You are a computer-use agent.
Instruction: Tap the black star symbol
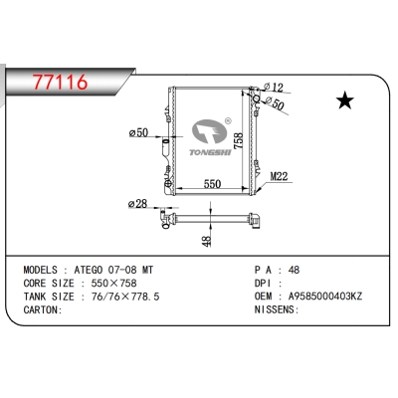pyautogui.click(x=346, y=99)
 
